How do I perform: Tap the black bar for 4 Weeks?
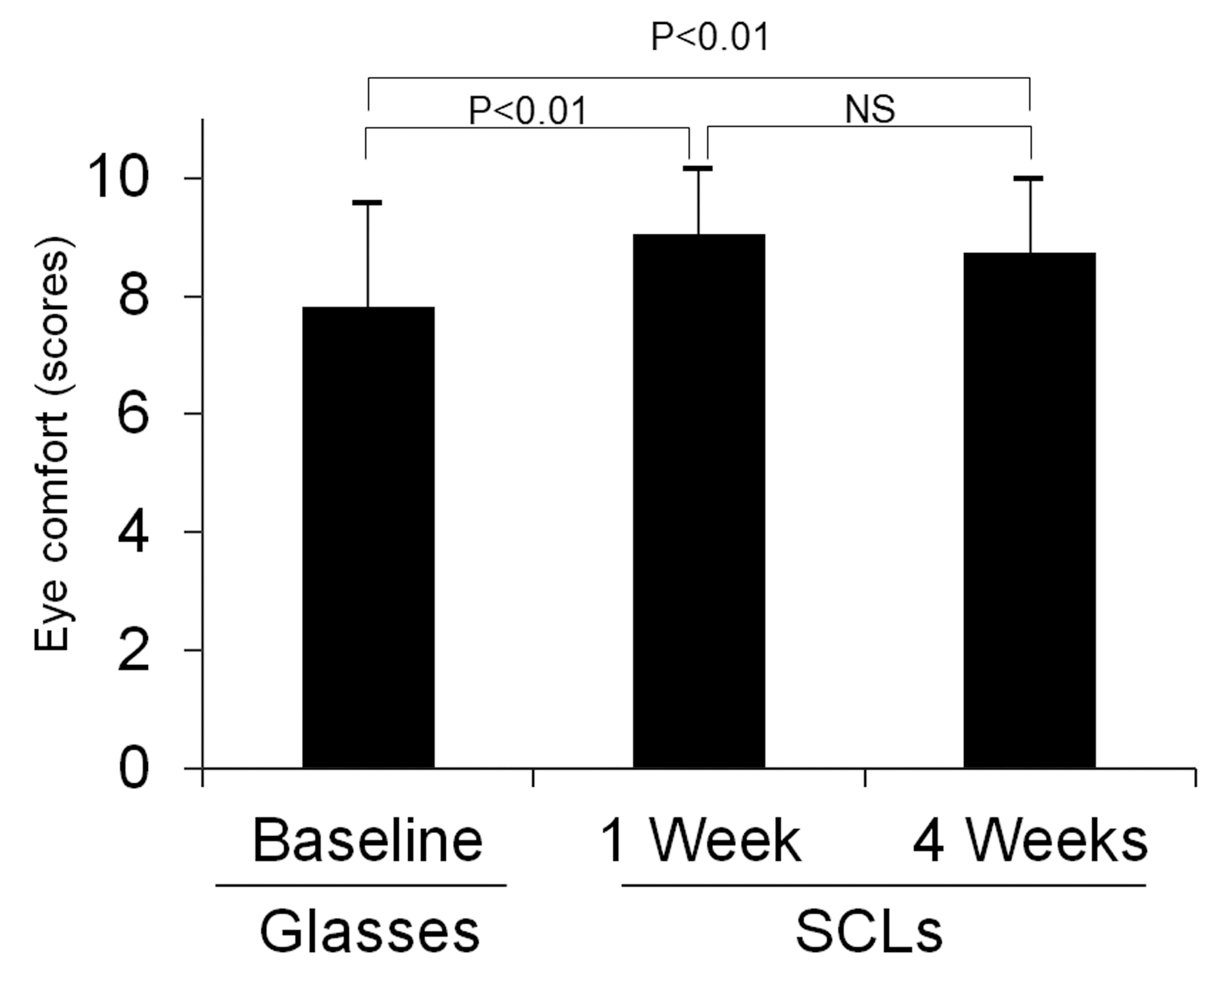point(1029,510)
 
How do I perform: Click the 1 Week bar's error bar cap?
point(698,168)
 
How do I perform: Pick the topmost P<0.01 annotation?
point(710,37)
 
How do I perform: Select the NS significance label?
point(869,108)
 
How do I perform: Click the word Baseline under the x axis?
point(368,841)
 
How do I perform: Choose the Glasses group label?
point(369,932)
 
